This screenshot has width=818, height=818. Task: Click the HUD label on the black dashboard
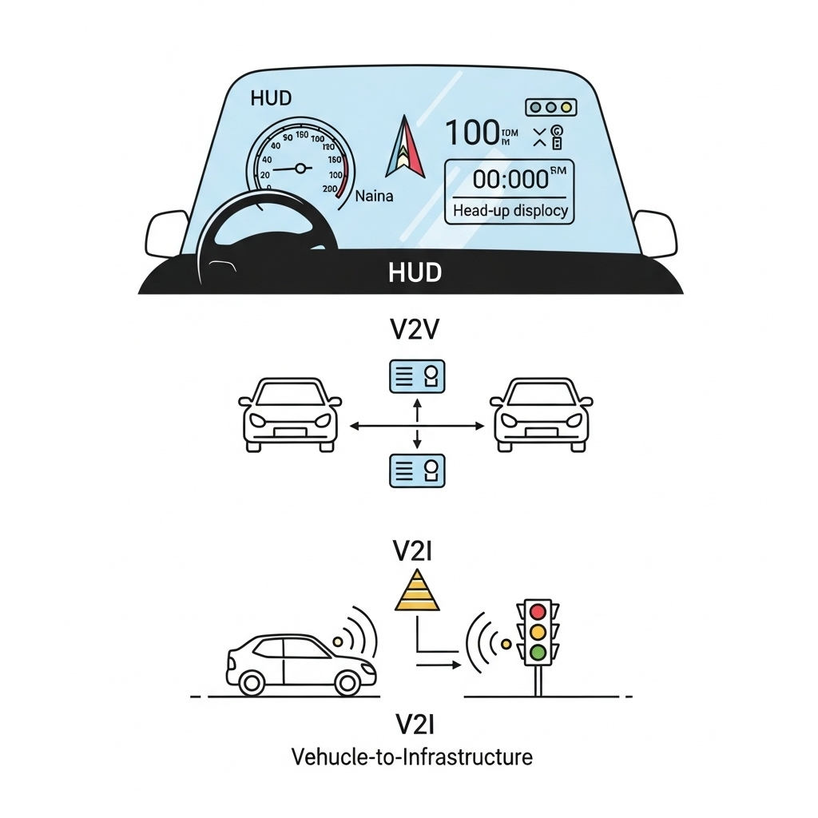pos(415,272)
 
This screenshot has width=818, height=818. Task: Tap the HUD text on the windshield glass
pos(271,99)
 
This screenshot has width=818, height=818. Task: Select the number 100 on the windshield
pos(471,133)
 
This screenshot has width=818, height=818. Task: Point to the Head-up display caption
pos(510,211)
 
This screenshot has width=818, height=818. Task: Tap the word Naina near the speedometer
pos(374,195)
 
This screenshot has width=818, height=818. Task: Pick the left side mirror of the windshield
pos(166,233)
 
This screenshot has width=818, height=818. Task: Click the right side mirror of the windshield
pos(655,233)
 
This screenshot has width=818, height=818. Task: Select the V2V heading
pos(415,329)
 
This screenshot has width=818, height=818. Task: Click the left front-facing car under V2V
pos(288,415)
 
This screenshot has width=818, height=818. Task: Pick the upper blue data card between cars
pos(416,375)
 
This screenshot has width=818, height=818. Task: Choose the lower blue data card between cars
pos(416,470)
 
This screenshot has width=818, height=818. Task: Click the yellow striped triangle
pos(417,593)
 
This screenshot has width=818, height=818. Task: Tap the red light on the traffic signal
pos(538,612)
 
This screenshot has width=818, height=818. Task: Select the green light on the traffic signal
pos(538,652)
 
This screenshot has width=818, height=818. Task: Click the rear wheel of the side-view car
pos(252,682)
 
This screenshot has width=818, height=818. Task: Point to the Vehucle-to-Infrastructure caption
pos(411,756)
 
